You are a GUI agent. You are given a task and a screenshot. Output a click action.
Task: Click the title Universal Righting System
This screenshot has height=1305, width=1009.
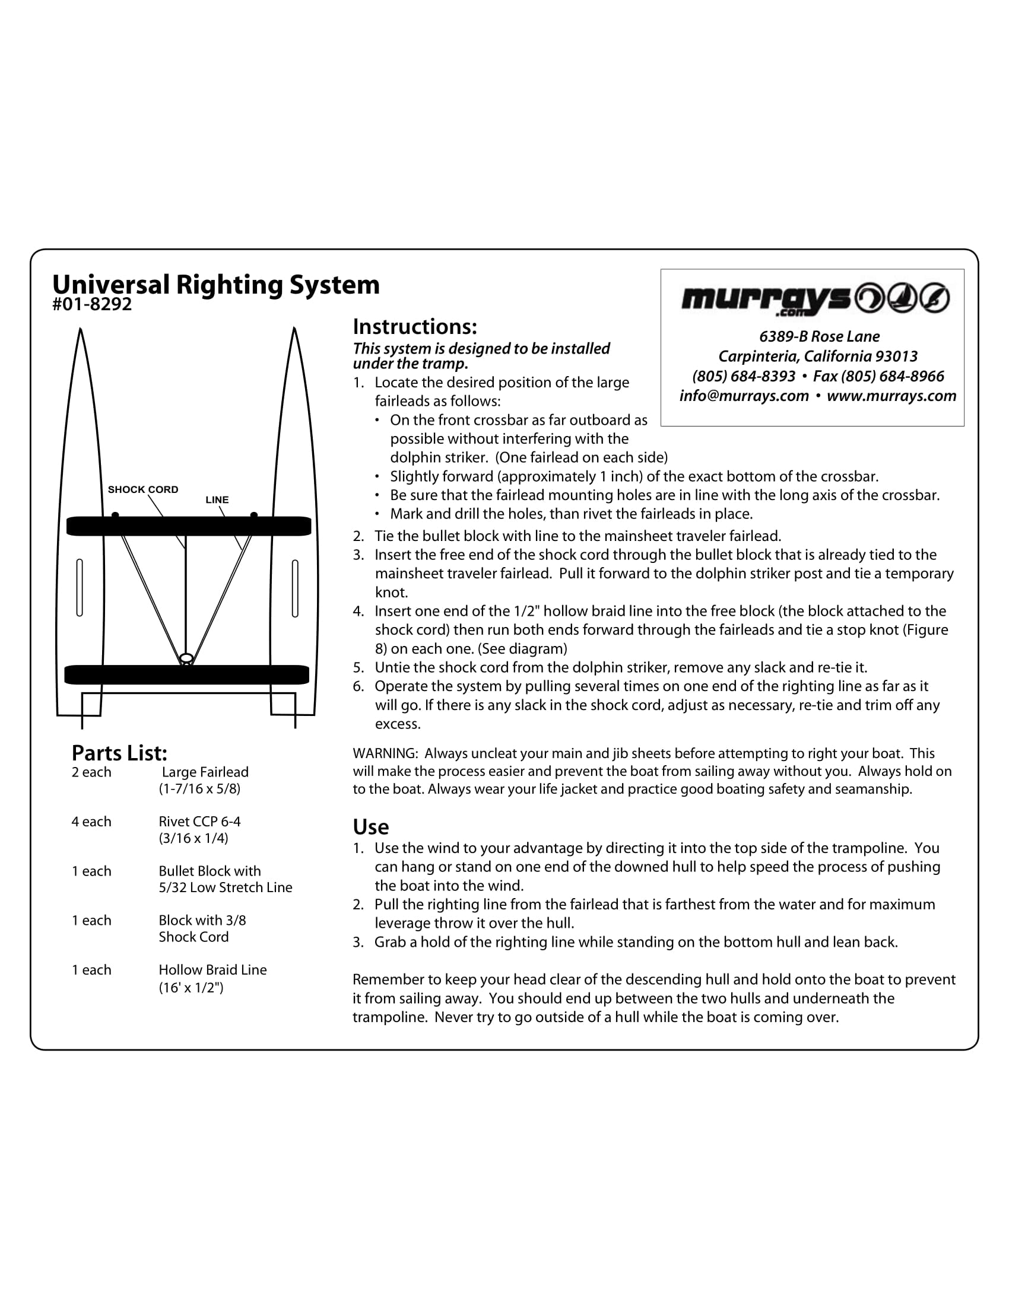(216, 285)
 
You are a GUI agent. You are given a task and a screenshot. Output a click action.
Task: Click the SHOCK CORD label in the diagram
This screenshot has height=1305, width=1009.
(143, 489)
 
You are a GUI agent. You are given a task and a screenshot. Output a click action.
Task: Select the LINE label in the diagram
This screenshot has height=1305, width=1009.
(217, 499)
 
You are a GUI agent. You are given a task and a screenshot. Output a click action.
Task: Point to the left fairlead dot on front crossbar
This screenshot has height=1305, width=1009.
(115, 514)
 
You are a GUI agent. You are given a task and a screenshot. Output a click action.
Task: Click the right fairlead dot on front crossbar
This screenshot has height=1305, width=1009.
(254, 514)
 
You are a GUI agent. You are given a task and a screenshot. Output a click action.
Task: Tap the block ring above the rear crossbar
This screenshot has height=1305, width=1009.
(186, 658)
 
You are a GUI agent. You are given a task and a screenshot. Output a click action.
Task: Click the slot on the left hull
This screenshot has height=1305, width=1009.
(80, 587)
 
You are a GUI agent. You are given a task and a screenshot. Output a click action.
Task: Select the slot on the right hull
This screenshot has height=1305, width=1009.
(295, 588)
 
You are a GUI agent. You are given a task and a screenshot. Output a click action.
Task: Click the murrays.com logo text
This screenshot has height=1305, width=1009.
(765, 300)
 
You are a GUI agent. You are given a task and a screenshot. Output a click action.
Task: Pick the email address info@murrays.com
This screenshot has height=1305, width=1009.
(744, 396)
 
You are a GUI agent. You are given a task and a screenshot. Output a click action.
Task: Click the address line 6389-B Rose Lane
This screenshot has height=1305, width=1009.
(819, 336)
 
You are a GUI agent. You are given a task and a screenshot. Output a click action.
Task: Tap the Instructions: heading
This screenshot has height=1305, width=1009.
(415, 327)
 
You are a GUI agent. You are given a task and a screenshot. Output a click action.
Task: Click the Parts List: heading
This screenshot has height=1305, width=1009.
(119, 753)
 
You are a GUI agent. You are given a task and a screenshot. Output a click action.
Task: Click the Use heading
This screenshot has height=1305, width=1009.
(370, 827)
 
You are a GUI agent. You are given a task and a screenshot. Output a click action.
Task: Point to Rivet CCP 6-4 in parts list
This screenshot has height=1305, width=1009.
(199, 822)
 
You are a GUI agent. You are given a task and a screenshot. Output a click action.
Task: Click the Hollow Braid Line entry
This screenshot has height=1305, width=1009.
(212, 970)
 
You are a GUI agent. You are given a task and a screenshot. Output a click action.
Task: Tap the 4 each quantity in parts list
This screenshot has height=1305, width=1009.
(91, 822)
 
